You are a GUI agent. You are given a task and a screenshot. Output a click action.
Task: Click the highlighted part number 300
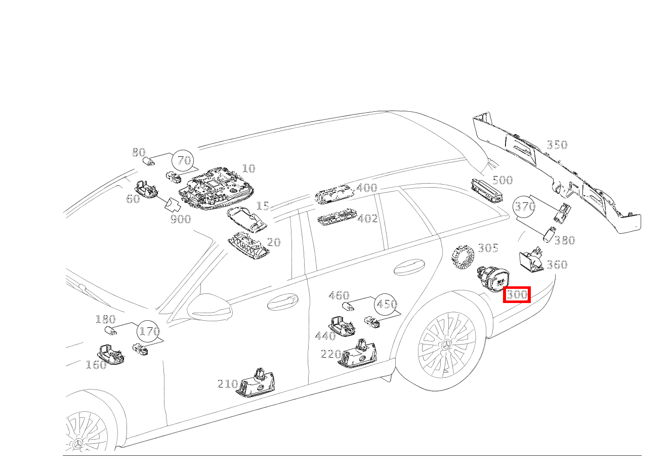point(516,294)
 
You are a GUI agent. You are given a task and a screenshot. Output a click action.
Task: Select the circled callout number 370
point(525,206)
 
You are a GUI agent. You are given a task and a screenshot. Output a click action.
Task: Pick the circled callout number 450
point(386,305)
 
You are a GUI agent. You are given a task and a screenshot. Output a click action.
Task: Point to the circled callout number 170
point(149,332)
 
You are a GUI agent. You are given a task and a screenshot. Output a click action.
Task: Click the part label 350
point(557,145)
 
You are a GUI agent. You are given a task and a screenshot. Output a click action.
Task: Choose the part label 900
point(180,219)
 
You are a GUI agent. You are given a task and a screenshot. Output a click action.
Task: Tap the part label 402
point(367,219)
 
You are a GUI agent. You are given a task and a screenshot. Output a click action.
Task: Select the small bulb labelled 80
point(149,161)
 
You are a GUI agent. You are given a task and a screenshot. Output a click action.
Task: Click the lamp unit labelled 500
point(487,190)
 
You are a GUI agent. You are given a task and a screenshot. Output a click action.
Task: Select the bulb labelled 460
point(348,307)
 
